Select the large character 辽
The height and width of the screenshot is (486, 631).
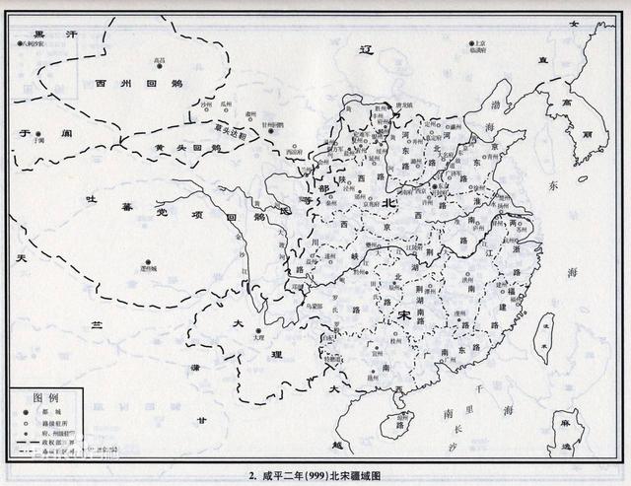pyautogui.click(x=367, y=49)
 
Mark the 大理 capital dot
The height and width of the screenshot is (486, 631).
pyautogui.click(x=258, y=329)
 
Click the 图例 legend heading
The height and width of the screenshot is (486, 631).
pyautogui.click(x=46, y=397)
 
